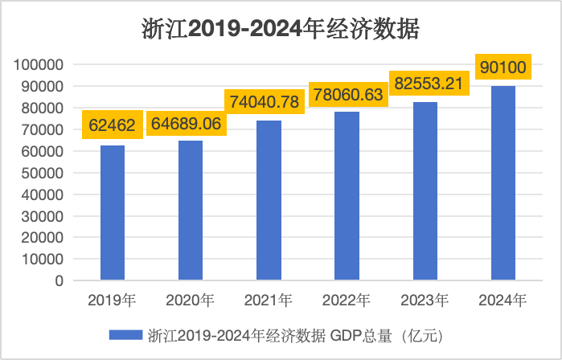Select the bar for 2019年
[x=113, y=213]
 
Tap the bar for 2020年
[x=191, y=211]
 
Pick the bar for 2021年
[x=269, y=201]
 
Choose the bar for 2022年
[x=347, y=196]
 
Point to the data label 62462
[x=113, y=124]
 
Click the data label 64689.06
[x=191, y=124]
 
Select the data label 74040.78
[x=269, y=102]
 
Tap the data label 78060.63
[x=347, y=93]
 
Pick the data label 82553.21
[x=425, y=84]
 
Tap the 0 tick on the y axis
[x=59, y=281]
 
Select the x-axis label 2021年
[x=269, y=301]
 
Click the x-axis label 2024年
[x=503, y=301]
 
